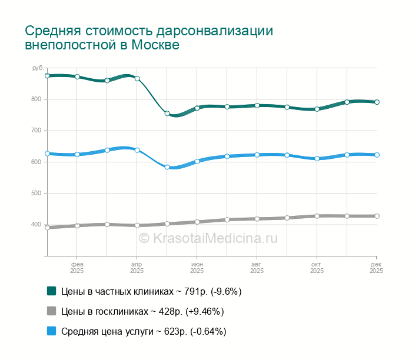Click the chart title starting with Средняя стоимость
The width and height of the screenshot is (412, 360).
[149, 38]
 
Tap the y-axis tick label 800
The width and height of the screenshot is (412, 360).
[36, 99]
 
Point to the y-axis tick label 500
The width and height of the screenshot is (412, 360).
[36, 193]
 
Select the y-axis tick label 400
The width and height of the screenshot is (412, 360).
[36, 225]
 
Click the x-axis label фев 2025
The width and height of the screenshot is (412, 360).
[77, 268]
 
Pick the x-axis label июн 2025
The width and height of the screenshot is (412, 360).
[197, 268]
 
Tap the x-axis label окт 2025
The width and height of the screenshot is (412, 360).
[317, 268]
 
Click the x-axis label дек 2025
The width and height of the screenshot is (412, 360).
[376, 268]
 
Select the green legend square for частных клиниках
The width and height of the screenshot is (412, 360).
[51, 291]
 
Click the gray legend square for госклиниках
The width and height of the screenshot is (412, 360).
[51, 311]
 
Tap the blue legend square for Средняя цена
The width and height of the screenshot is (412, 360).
[51, 331]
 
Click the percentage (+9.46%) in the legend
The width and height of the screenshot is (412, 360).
[204, 311]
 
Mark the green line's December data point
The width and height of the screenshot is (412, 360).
[377, 102]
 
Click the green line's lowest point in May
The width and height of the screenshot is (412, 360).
[167, 114]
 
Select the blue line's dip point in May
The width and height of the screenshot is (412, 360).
[167, 167]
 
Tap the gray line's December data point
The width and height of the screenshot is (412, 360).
[377, 216]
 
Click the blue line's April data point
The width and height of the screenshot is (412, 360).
[137, 150]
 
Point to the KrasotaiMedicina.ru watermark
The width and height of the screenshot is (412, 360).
[208, 238]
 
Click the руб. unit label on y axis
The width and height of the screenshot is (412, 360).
[38, 68]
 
